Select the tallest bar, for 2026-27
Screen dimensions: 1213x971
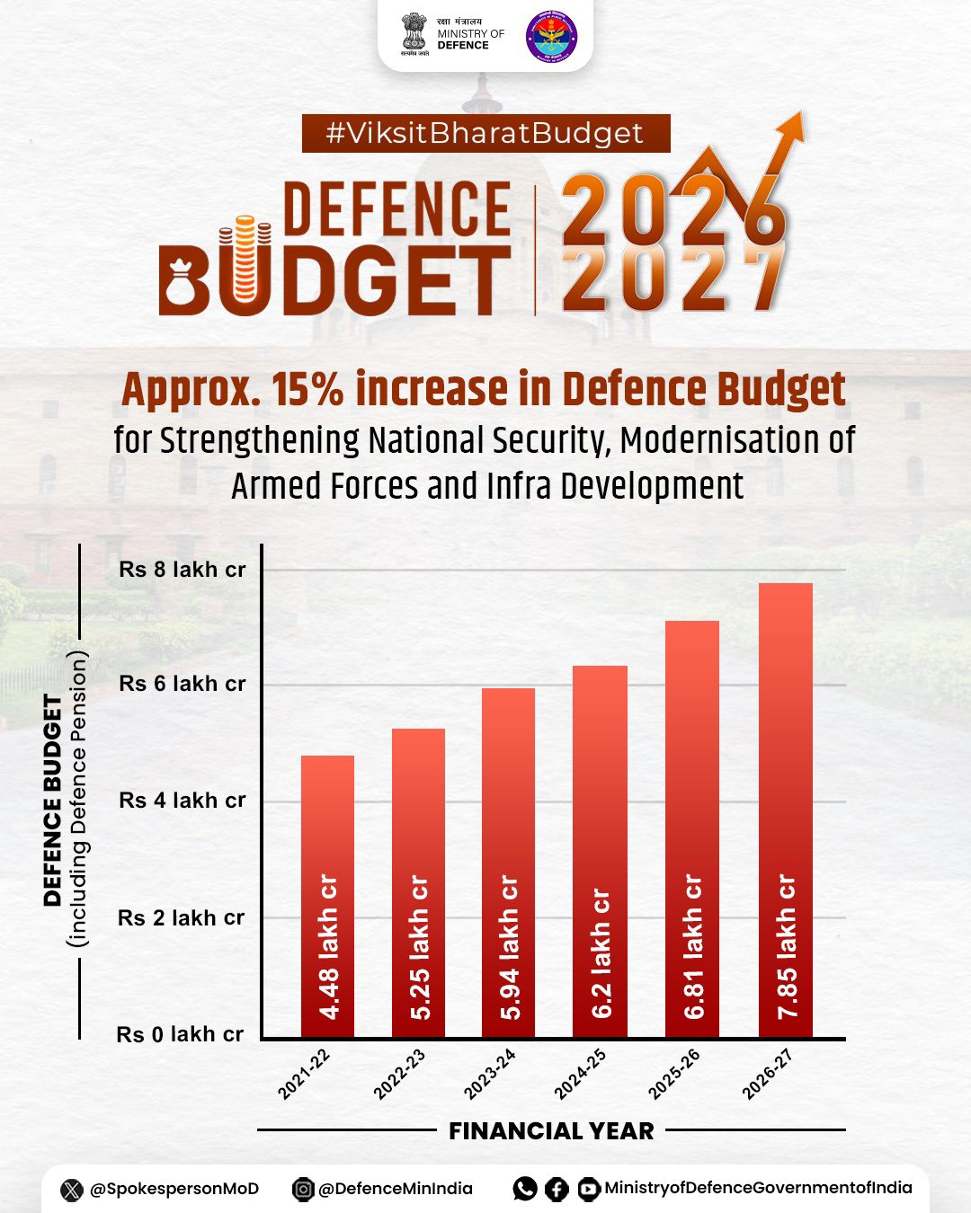click(786, 810)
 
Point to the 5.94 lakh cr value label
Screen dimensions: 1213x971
click(510, 947)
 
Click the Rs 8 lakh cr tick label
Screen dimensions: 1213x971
click(182, 570)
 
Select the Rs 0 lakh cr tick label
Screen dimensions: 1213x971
click(180, 1034)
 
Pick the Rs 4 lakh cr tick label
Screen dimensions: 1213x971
click(182, 801)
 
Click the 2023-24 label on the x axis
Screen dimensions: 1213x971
click(490, 1074)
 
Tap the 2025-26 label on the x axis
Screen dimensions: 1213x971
click(674, 1074)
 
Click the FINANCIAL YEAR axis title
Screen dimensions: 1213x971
click(551, 1131)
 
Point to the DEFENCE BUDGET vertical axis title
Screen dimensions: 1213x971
click(53, 800)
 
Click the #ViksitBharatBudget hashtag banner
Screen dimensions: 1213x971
click(485, 133)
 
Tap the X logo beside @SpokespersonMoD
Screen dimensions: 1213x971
click(72, 1190)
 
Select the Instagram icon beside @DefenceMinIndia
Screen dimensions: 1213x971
click(304, 1190)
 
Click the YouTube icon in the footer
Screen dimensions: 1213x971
click(589, 1190)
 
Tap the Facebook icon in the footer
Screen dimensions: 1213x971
click(557, 1190)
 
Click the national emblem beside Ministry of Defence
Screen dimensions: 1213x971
click(414, 34)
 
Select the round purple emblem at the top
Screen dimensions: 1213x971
click(551, 36)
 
